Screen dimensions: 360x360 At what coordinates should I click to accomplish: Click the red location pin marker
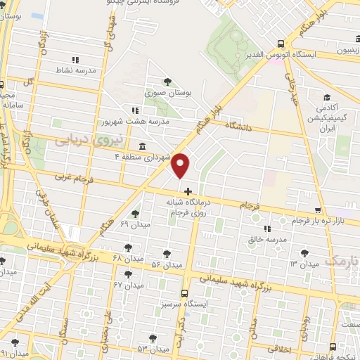181,167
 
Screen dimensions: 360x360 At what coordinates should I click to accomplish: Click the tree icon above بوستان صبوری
167,81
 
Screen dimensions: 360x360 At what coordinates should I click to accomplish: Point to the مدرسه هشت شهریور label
166,121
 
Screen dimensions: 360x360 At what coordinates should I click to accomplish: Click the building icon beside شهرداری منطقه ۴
143,146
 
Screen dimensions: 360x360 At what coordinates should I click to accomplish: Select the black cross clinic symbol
188,191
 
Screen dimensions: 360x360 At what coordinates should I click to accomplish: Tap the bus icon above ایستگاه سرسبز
184,294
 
